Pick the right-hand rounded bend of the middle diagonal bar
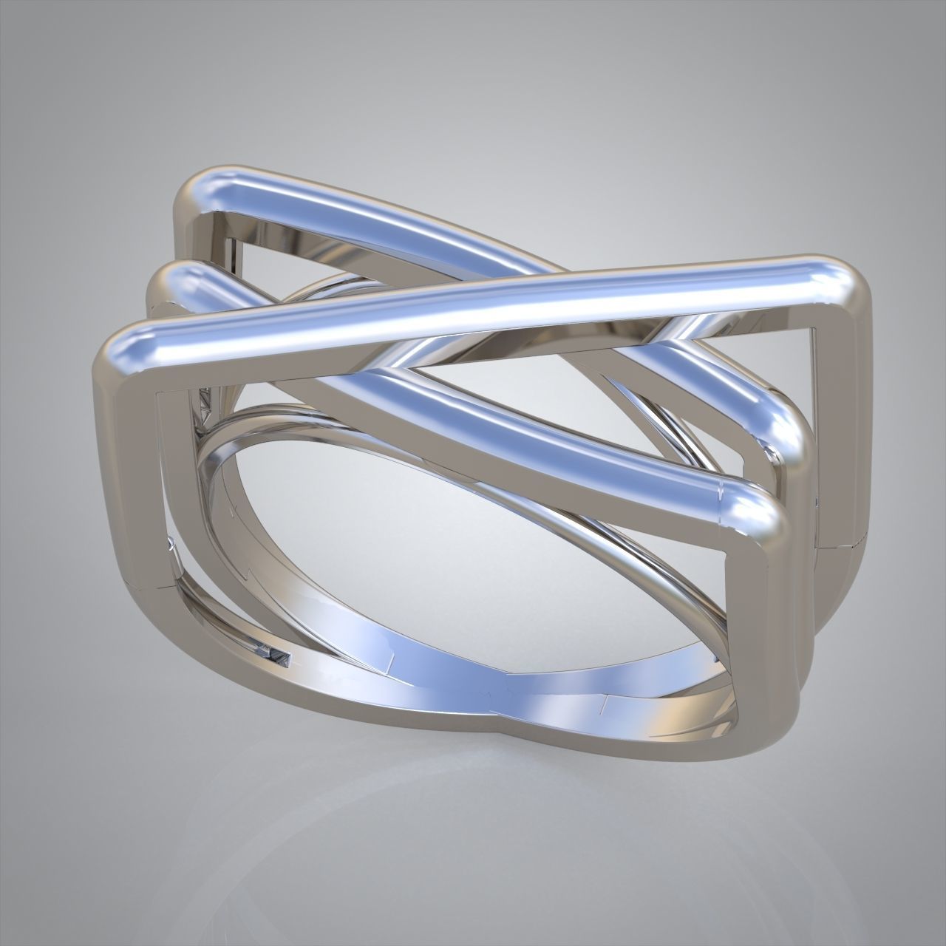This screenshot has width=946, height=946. pyautogui.click(x=783, y=429)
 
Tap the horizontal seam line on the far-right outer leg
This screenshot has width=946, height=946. pyautogui.click(x=839, y=547)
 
